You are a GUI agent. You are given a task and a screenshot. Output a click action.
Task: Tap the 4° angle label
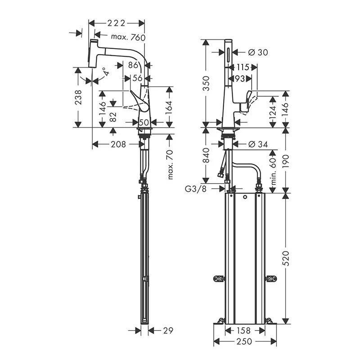click(105, 72)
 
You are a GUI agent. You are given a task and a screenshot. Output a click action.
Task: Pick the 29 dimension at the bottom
click(168, 330)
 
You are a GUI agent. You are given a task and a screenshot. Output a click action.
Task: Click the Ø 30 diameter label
click(258, 52)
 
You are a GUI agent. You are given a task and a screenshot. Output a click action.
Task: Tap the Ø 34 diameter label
click(258, 144)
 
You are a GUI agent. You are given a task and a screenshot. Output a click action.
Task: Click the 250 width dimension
click(244, 342)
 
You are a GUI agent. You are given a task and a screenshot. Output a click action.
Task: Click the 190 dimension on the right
click(287, 160)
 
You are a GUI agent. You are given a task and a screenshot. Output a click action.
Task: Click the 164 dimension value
click(170, 107)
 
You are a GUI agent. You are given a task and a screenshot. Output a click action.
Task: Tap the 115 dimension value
click(243, 67)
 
